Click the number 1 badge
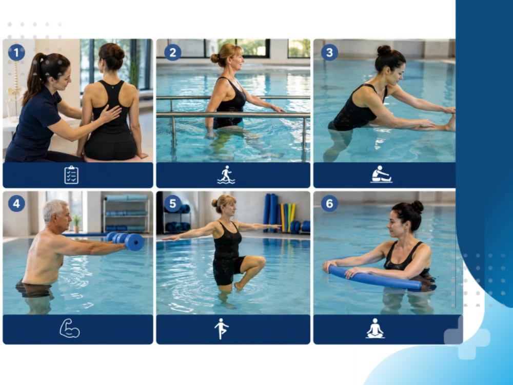pos(16,52)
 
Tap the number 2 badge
pos(173,52)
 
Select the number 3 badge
pos(329,52)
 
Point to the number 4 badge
pos(16,204)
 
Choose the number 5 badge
pos(173,204)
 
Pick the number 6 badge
pos(329,204)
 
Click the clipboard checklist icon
pos(71,175)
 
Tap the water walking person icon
pos(226,175)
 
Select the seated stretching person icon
pos(381,174)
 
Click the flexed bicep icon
pos(69,328)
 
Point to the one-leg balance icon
pos(222,329)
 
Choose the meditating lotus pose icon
pos(375,329)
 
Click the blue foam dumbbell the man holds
pos(126,241)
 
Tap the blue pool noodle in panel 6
pos(374,278)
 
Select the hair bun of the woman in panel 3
pos(384,50)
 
